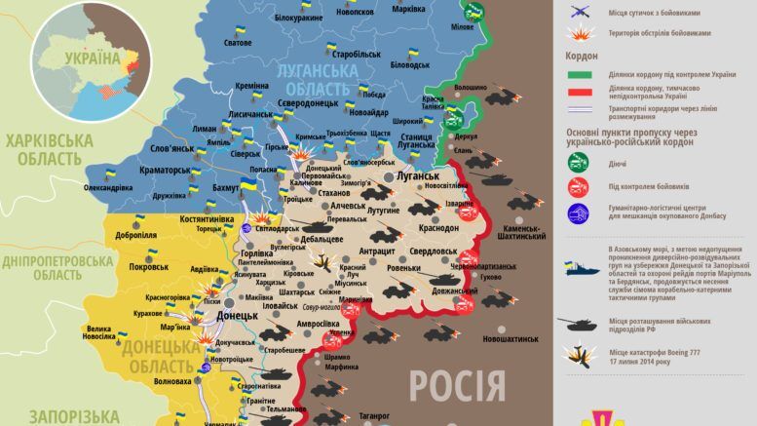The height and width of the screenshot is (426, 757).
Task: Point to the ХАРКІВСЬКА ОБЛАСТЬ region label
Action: coord(49,148)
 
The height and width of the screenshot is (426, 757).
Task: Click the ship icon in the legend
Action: coord(582,264)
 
